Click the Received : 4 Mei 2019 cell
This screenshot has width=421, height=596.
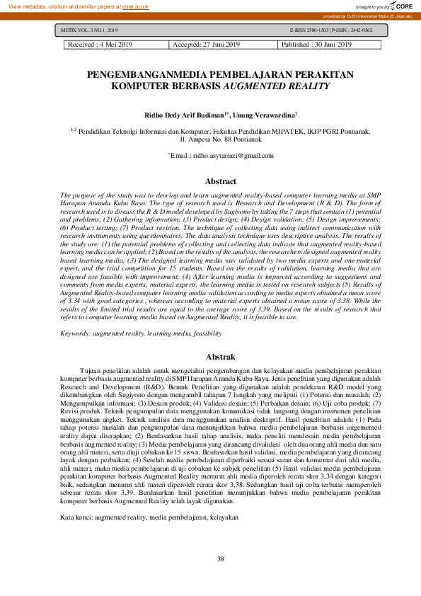point(100,45)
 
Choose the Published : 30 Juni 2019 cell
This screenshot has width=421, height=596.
point(317,45)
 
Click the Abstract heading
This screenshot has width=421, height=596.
point(210,181)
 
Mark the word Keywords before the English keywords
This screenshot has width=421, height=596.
point(76,332)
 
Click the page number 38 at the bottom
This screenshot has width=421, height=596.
point(211,561)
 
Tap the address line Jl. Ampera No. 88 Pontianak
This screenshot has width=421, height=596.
point(211,139)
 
